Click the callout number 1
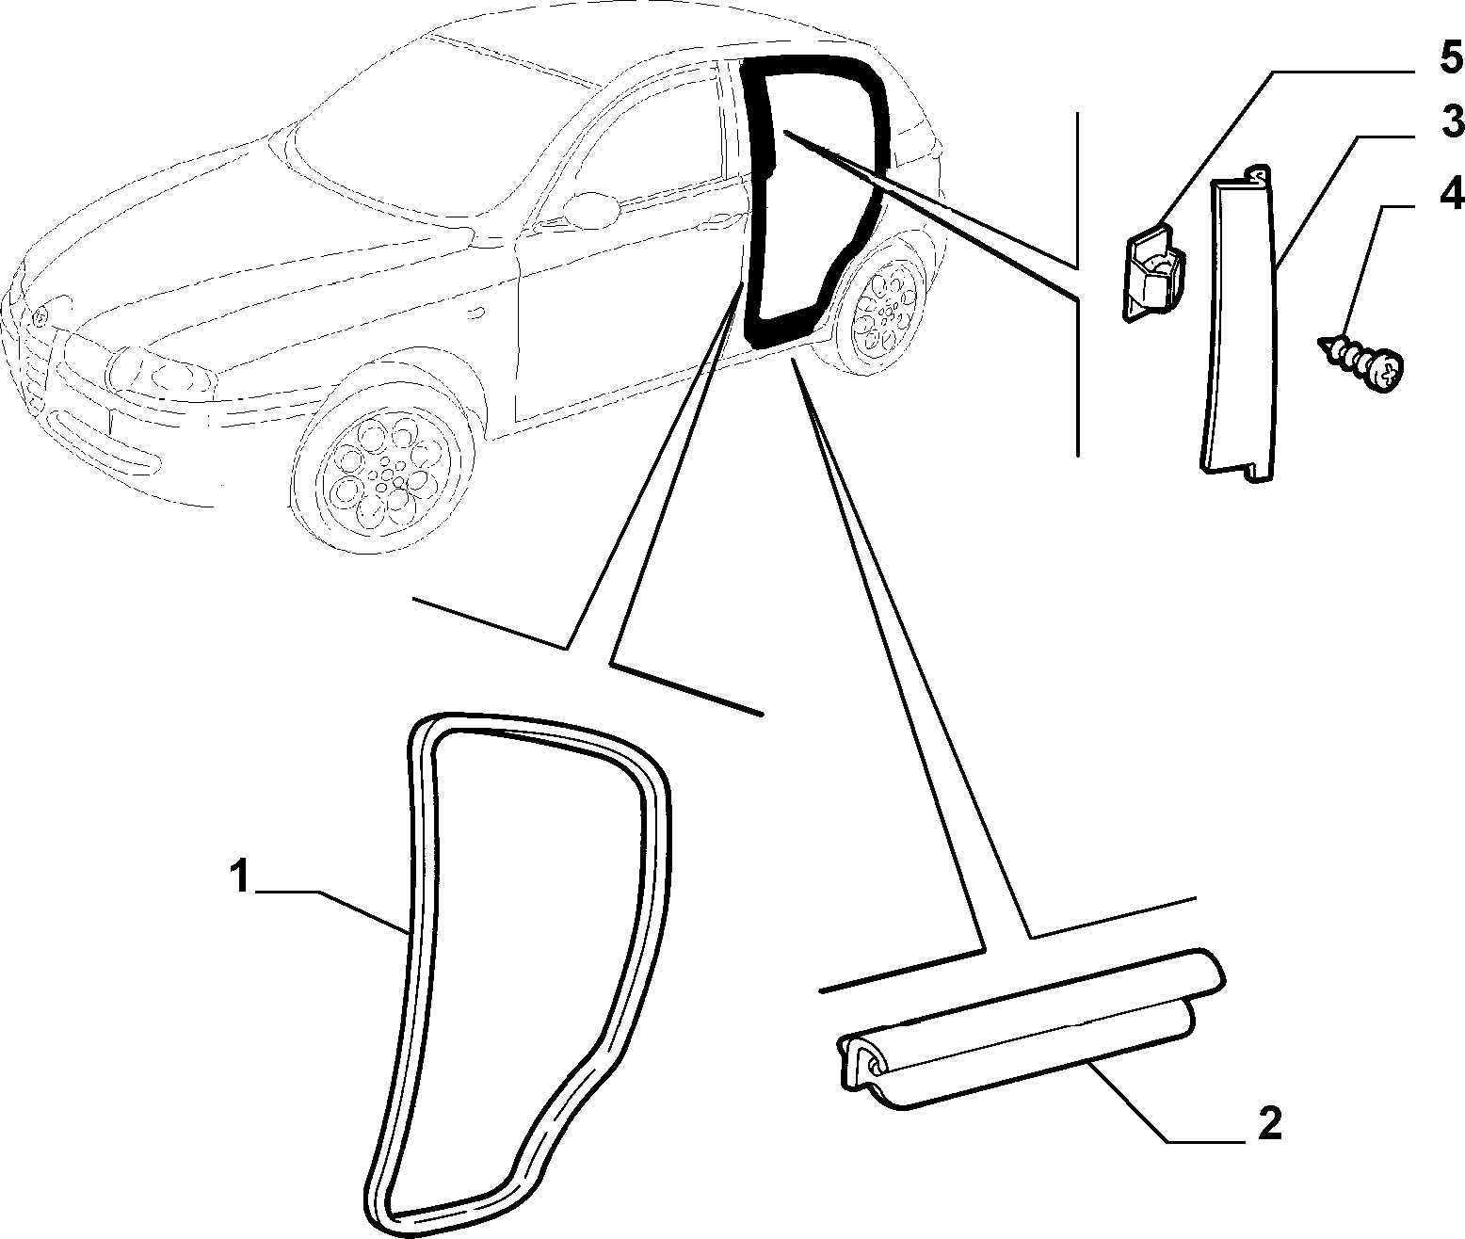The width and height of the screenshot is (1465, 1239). click(x=240, y=877)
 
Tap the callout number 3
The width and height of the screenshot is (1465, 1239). click(x=1450, y=121)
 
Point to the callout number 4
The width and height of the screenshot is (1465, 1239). click(x=1451, y=193)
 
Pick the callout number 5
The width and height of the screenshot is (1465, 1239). click(x=1451, y=56)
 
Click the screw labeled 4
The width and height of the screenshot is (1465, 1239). click(x=1361, y=362)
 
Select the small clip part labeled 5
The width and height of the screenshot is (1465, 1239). click(x=1153, y=272)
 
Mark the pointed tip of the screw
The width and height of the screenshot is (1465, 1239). click(x=1321, y=341)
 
